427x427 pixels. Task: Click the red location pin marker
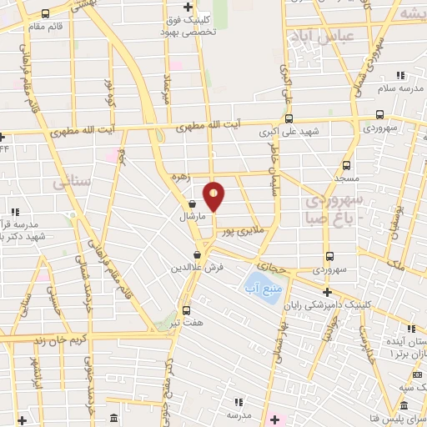point(214,196)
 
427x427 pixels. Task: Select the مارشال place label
point(192,216)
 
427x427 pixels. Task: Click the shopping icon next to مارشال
point(193,203)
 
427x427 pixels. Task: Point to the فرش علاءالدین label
point(198,267)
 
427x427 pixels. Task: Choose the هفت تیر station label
point(185,321)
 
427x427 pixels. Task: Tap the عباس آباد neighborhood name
point(324,36)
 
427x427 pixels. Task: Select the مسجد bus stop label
point(346,178)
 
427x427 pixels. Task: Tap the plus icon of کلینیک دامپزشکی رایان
point(328,292)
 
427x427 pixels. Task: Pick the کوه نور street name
point(108,92)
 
